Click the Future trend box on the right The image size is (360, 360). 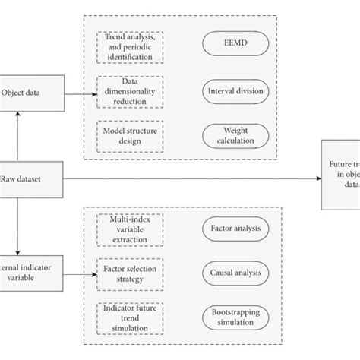340,173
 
